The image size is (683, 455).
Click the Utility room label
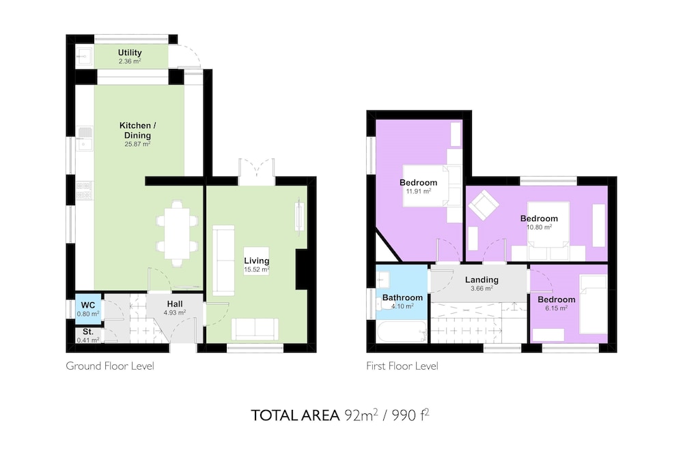130,53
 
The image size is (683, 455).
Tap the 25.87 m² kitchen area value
138,144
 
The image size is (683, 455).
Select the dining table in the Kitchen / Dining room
178,233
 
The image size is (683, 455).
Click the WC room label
88,306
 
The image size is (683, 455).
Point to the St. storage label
88,332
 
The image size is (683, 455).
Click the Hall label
175,304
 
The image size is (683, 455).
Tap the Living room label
257,261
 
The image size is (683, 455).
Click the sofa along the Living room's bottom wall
255,329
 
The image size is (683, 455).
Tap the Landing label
482,280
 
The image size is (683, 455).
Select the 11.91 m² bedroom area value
419,191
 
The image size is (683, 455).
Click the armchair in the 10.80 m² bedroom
484,205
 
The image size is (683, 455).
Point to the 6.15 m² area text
556,308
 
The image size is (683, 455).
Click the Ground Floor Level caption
110,366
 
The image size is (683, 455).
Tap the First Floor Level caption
402,366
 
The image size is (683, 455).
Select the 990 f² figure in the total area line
410,415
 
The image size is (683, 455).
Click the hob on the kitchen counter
85,190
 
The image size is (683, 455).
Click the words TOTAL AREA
295,415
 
